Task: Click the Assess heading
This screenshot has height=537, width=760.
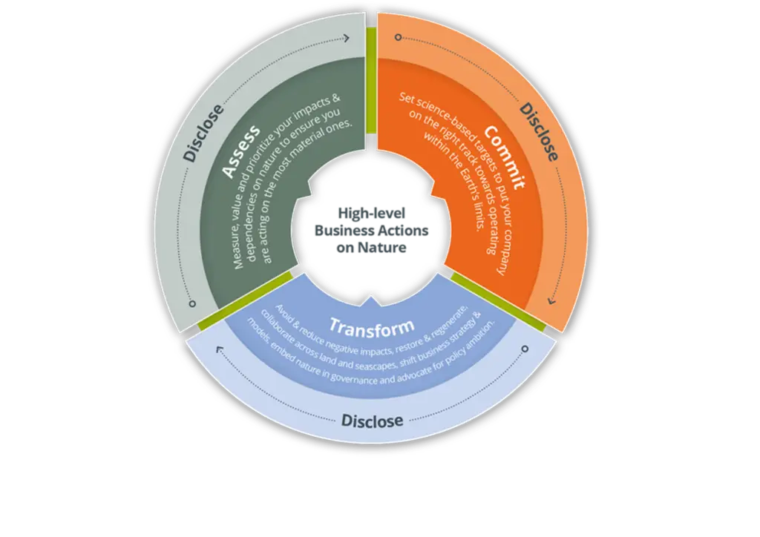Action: point(243,152)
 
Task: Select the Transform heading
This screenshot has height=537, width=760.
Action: point(371,326)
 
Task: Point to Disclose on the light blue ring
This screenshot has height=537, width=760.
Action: point(373,421)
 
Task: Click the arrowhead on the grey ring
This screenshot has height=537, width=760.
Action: point(347,39)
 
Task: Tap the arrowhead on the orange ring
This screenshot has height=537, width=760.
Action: point(551,300)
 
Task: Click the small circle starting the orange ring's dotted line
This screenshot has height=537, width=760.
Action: point(399,37)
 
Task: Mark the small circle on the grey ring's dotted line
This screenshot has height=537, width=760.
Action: point(192,303)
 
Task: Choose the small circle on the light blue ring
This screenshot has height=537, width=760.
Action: point(525,348)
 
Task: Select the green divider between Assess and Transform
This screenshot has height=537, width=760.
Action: point(246,301)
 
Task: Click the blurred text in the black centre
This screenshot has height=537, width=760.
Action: point(371,230)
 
